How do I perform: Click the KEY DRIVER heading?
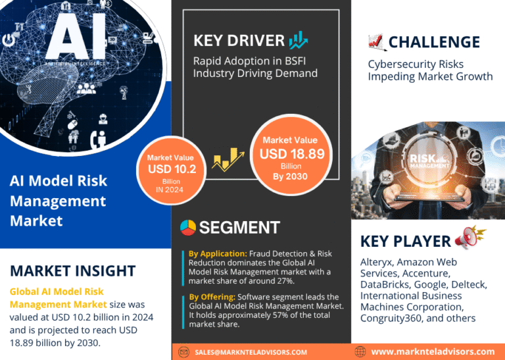[x=239, y=41]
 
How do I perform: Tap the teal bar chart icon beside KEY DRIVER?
[x=299, y=40]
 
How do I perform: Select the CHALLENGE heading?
[x=434, y=42]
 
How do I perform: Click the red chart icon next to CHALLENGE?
[x=376, y=42]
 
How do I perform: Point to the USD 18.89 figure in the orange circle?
[x=292, y=154]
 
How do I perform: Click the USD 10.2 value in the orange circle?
[x=172, y=169]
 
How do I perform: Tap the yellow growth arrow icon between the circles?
[x=228, y=159]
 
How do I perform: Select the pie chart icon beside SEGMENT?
[x=188, y=228]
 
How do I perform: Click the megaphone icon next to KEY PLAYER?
[x=470, y=238]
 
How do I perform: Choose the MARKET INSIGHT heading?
[x=73, y=270]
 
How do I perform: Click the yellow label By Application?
[x=218, y=253]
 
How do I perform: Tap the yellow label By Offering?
[x=212, y=297]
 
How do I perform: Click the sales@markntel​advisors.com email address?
[x=251, y=352]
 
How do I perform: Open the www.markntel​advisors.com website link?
[x=433, y=351]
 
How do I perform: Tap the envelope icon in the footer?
[x=183, y=352]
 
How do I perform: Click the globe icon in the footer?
[x=360, y=352]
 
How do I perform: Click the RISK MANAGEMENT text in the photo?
[x=429, y=161]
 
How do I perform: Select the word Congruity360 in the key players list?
[x=391, y=318]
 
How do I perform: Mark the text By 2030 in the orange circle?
[x=290, y=176]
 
